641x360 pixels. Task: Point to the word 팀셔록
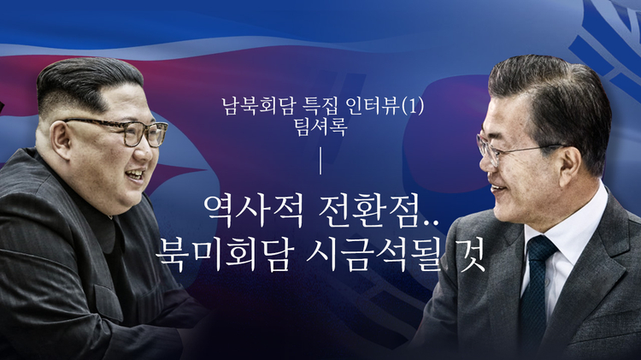click(x=320, y=127)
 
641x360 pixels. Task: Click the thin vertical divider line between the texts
click(x=320, y=162)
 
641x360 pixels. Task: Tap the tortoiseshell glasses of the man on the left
click(x=120, y=131)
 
